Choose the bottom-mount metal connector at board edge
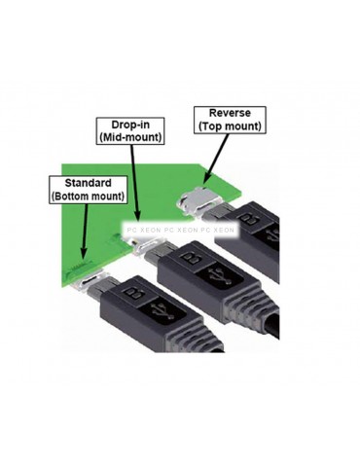pyautogui.click(x=93, y=282)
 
